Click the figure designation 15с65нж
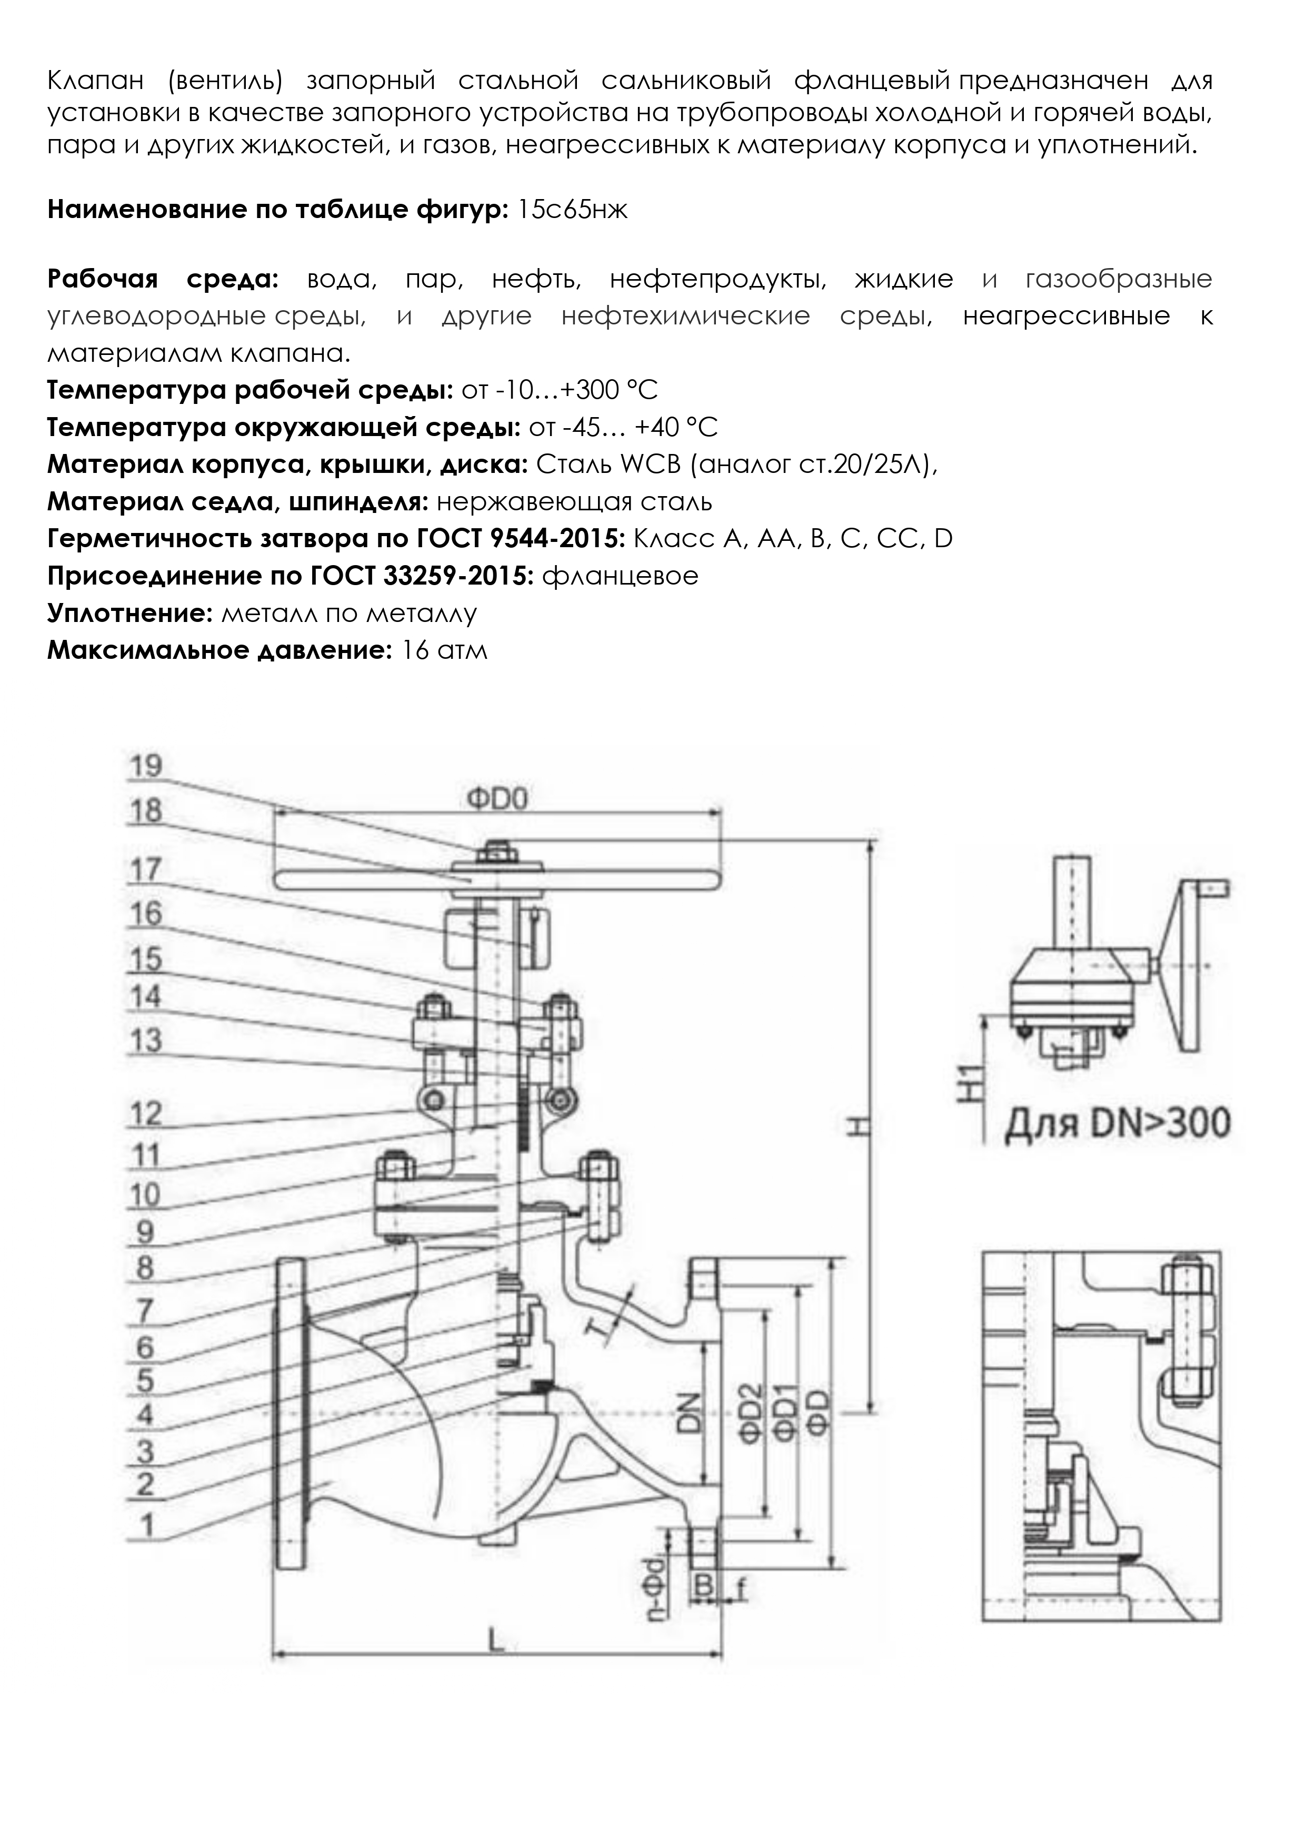[571, 211]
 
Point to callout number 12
[146, 1114]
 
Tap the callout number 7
[145, 1311]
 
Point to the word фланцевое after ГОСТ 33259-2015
[621, 576]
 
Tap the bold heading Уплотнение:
[129, 614]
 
